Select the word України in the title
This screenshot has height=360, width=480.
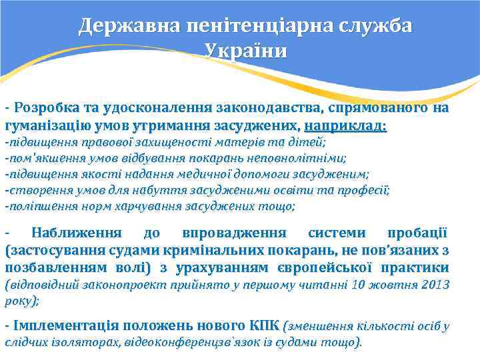[x=247, y=51]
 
